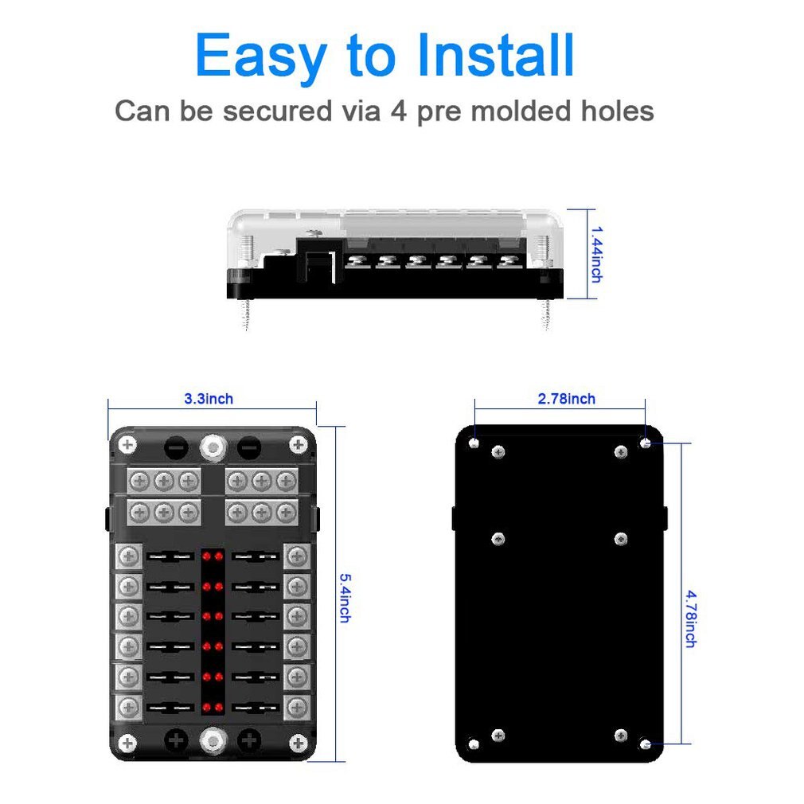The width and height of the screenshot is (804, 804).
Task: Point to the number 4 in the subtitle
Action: tap(399, 111)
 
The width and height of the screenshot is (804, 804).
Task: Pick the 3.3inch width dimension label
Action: tap(209, 399)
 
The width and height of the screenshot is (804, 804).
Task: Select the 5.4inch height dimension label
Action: tap(344, 597)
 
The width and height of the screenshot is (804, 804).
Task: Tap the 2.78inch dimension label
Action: tap(566, 399)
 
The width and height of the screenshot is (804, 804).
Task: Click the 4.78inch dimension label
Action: tap(689, 618)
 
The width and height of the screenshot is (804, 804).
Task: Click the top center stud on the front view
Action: tap(213, 447)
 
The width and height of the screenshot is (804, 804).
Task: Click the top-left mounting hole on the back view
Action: tap(474, 442)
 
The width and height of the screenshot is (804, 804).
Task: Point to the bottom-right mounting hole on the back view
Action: tap(646, 744)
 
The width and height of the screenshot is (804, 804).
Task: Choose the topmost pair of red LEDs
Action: tap(213, 554)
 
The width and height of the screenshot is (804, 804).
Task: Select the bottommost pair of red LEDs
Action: tap(213, 707)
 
